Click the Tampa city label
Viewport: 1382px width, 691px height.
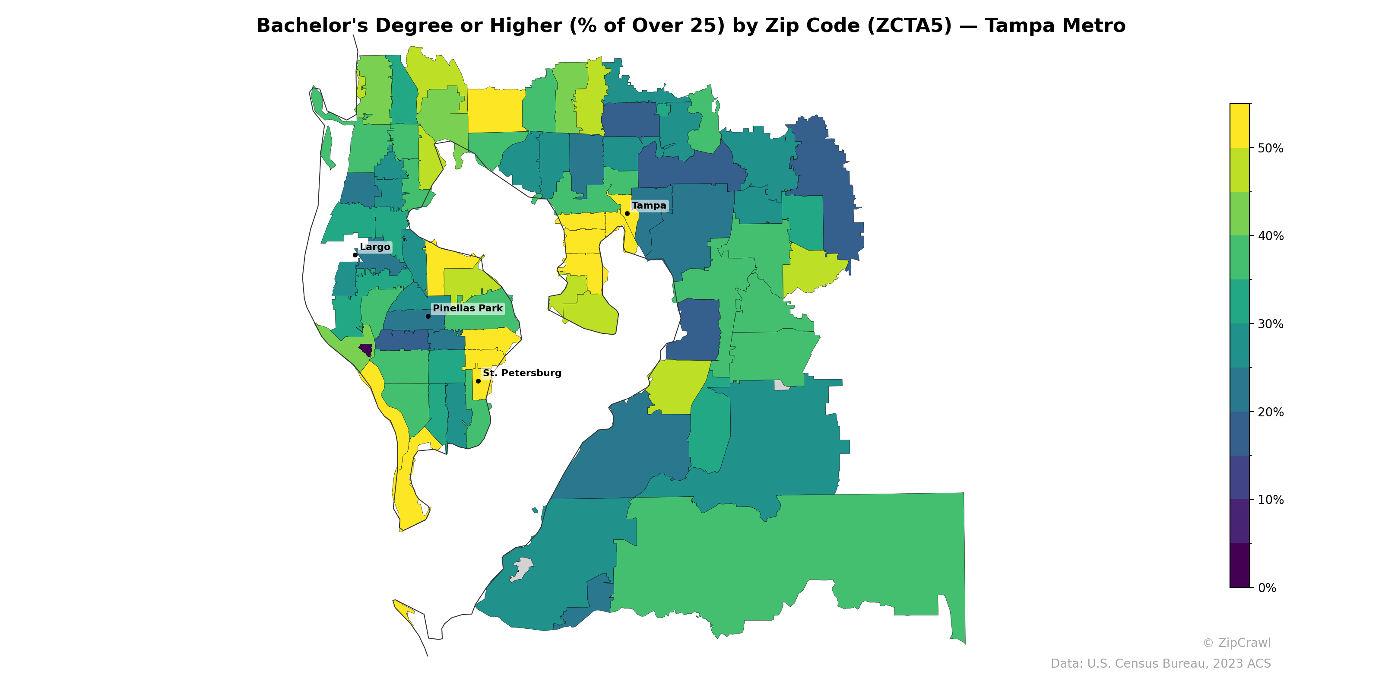649,206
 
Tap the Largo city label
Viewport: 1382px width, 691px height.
374,247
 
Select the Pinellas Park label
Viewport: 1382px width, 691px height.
467,308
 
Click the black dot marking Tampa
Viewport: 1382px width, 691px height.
627,213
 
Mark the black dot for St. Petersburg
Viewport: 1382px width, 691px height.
478,381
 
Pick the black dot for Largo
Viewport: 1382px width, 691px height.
355,255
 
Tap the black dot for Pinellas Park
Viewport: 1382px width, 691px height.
428,316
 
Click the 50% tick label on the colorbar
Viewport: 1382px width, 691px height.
1271,149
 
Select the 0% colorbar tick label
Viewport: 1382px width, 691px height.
1267,588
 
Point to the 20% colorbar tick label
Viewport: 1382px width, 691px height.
1271,412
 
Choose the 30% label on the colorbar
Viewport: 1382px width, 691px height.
1271,324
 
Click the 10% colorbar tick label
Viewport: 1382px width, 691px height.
1271,500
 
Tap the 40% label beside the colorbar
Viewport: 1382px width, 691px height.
1271,236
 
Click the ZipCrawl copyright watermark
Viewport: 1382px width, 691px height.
1236,643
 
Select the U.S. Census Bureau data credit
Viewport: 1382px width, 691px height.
1160,664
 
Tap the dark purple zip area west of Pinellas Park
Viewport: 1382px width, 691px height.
366,349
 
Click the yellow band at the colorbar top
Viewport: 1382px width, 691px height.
1239,126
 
